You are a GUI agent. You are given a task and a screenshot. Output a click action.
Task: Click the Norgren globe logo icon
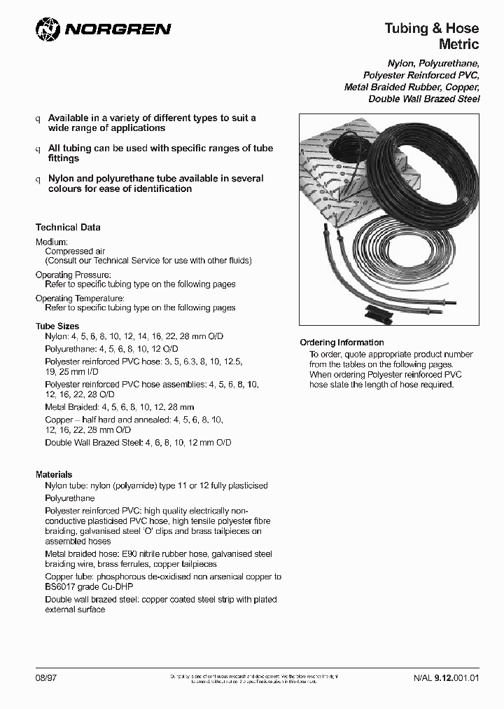[x=48, y=29]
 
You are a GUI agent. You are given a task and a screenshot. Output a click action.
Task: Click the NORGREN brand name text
[x=117, y=29]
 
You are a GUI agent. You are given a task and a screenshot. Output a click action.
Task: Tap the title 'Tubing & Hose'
[x=431, y=28]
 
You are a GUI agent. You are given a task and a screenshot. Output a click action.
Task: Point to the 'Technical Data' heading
[x=68, y=228]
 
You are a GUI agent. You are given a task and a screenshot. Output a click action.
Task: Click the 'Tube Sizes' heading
[x=57, y=326]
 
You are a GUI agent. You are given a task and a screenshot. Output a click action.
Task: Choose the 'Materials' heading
[x=54, y=475]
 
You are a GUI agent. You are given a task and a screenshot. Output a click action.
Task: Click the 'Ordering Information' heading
[x=342, y=343]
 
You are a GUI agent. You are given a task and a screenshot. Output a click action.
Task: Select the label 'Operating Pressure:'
[x=73, y=275]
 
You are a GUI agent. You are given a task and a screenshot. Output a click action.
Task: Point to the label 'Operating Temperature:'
[x=80, y=298]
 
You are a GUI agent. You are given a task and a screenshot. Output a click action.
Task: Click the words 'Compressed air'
[x=69, y=251]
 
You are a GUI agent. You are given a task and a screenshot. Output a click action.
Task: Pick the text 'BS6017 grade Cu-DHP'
[x=88, y=586]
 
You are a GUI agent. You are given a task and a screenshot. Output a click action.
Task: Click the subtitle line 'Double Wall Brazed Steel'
[x=423, y=99]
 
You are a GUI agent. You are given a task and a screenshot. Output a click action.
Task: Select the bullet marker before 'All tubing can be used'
[x=38, y=149]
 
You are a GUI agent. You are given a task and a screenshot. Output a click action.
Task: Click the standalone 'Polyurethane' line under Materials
[x=69, y=498]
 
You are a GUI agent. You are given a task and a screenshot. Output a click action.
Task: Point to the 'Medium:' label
[x=52, y=242]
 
